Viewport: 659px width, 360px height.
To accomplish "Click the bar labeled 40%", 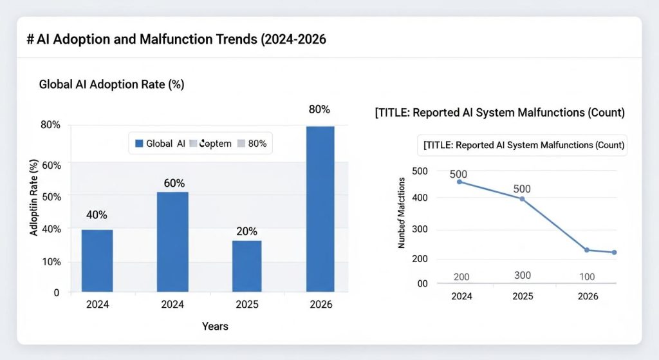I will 97,260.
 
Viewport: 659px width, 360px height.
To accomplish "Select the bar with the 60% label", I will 174,242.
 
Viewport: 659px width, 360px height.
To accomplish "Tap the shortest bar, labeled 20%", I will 246,266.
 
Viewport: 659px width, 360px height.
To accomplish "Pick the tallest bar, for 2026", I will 320,209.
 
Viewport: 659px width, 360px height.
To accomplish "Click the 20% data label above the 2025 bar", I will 246,231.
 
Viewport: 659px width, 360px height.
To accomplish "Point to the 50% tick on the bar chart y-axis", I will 51,196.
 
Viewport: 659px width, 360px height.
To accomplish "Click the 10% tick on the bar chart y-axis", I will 51,262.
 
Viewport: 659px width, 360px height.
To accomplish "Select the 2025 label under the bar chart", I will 246,304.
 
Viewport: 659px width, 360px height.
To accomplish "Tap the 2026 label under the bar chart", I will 320,304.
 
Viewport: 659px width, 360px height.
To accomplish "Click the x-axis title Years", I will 215,327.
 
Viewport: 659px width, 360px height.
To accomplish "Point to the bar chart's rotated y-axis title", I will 33,197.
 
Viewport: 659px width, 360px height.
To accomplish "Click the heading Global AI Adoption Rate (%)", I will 112,84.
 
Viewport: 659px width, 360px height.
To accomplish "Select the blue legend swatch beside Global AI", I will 138,144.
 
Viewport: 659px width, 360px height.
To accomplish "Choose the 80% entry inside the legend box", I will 257,144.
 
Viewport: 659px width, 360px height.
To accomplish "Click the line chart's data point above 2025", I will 522,199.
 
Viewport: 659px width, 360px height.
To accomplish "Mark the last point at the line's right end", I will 614,252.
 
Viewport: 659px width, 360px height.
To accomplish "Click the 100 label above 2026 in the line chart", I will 587,276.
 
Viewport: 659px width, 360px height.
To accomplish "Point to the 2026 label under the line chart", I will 587,296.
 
